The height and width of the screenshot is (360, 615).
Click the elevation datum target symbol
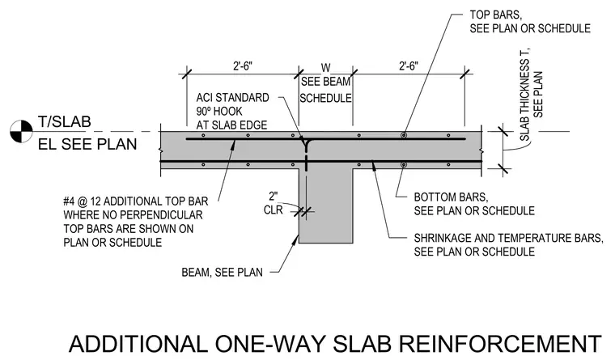(21, 131)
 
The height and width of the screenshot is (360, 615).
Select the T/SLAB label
(65, 122)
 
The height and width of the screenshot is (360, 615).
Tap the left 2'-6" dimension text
(243, 66)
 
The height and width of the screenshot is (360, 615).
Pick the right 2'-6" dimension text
(409, 66)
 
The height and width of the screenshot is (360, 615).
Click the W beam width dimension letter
(325, 68)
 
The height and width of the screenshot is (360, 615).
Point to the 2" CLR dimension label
(273, 203)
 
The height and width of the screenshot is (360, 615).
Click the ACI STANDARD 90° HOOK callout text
(232, 112)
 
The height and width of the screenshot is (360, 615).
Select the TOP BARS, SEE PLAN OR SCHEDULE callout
(530, 22)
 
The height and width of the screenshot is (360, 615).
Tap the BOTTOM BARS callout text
(474, 204)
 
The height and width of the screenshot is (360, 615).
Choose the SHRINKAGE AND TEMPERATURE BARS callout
(509, 244)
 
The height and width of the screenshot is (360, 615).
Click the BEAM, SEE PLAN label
(222, 272)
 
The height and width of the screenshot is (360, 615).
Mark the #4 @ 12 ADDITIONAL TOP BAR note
(136, 222)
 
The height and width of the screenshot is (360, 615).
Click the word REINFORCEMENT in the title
(500, 344)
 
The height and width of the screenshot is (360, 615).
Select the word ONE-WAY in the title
(270, 344)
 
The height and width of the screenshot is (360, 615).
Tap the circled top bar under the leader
(404, 135)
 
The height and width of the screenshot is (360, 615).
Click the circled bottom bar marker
(403, 165)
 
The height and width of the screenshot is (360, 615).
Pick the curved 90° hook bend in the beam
(305, 142)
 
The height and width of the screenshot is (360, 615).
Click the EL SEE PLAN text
(87, 144)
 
